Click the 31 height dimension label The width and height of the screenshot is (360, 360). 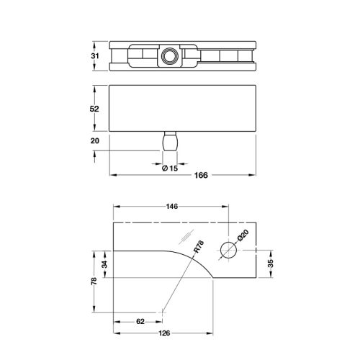(x=95, y=56)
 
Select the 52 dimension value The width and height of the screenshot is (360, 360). (x=94, y=109)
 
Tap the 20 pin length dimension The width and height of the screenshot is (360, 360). (x=95, y=140)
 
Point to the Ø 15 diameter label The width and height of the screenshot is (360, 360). (x=170, y=168)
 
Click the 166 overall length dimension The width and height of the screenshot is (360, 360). (x=201, y=175)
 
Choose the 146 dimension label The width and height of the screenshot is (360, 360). (x=172, y=207)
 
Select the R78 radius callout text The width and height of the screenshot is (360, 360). (x=199, y=246)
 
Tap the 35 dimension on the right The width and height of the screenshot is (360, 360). (x=271, y=264)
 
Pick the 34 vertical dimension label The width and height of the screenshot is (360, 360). (x=105, y=264)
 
